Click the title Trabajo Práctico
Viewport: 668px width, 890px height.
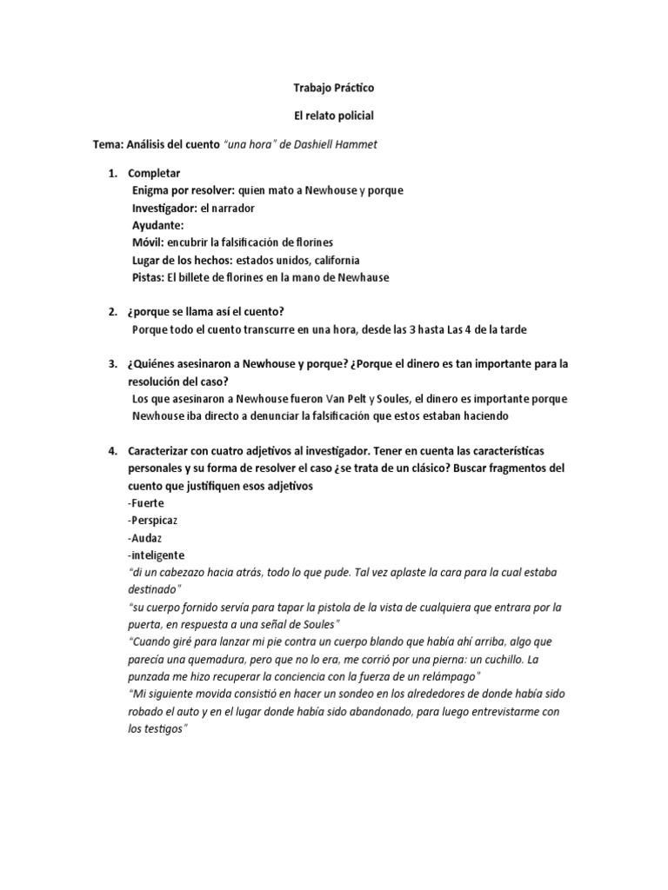point(335,89)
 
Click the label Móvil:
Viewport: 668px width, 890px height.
point(147,242)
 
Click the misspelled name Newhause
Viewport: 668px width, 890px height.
point(363,277)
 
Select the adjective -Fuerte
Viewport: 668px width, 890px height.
point(145,503)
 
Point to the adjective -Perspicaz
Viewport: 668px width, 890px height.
point(152,521)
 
